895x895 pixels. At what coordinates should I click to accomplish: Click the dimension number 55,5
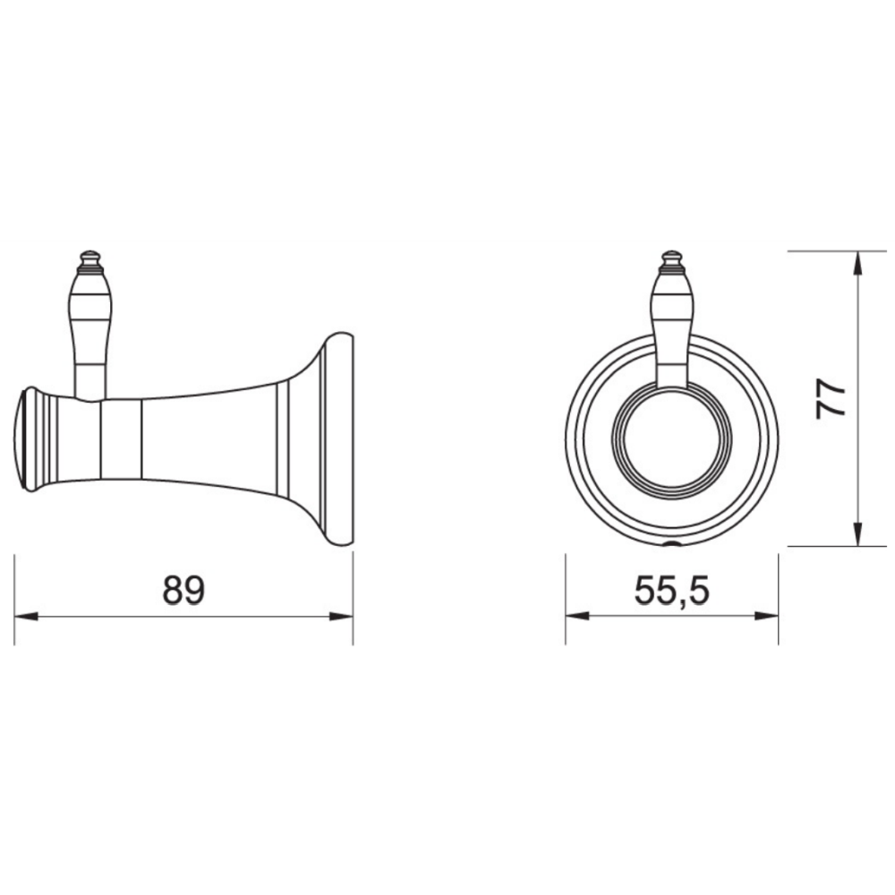tap(672, 591)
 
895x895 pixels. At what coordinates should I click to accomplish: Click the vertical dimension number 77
tap(831, 399)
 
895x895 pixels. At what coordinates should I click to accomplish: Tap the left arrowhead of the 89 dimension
tap(26, 617)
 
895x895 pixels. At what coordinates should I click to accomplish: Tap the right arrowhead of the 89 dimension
tap(341, 617)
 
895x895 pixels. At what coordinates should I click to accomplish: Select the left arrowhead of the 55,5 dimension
tap(577, 617)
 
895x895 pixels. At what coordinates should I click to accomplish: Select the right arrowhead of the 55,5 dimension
tap(767, 617)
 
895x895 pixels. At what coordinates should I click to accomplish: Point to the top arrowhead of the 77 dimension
tap(857, 263)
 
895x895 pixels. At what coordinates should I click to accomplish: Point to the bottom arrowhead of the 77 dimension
tap(857, 534)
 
